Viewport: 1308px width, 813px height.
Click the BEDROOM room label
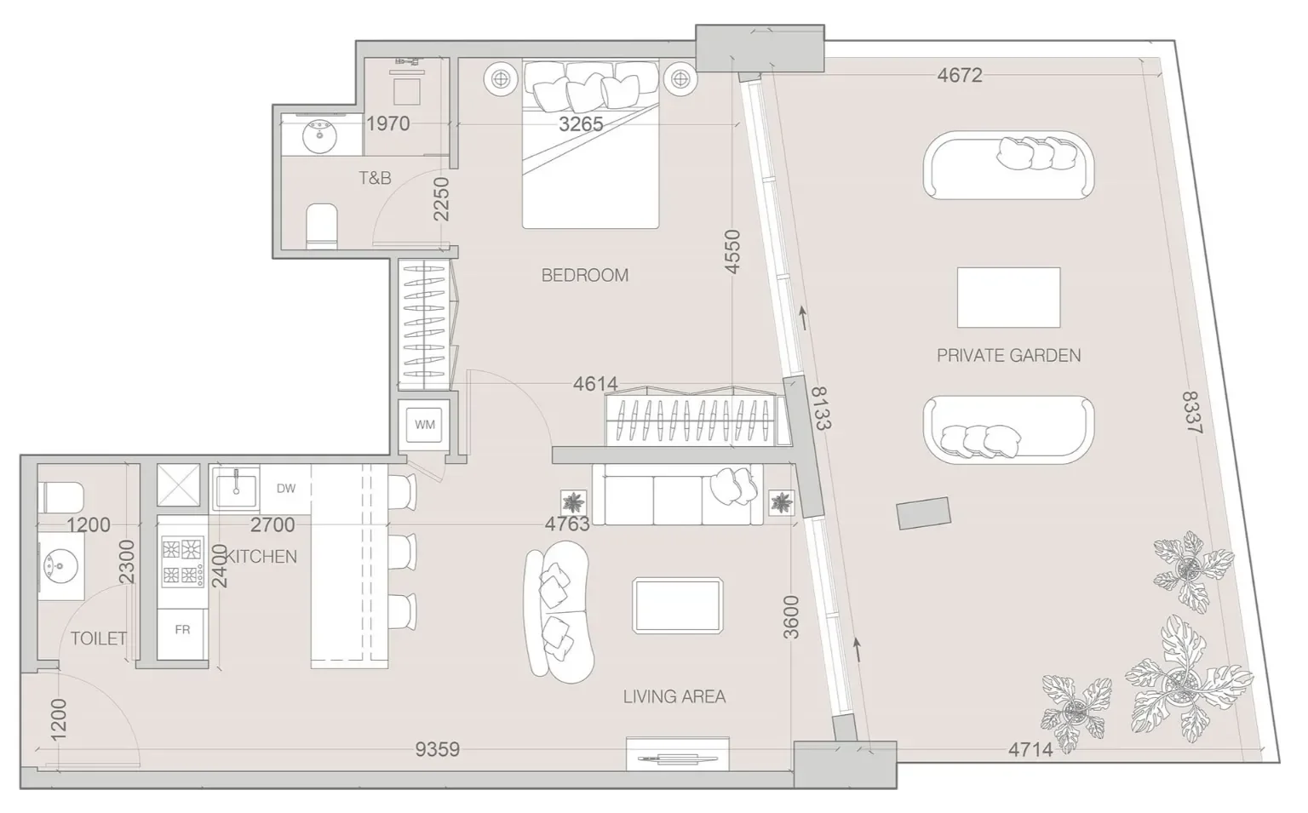pyautogui.click(x=584, y=275)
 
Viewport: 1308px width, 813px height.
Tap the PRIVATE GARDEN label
pyautogui.click(x=1008, y=356)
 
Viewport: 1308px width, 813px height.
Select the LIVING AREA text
pyautogui.click(x=674, y=696)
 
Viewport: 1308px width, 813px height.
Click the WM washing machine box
pyautogui.click(x=425, y=425)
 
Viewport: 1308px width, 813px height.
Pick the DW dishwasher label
pyautogui.click(x=285, y=489)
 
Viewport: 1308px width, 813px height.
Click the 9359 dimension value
pyautogui.click(x=438, y=749)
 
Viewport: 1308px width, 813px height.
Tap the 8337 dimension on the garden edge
pyautogui.click(x=1192, y=412)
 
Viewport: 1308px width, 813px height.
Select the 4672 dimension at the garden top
pyautogui.click(x=960, y=75)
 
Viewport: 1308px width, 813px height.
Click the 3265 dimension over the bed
pyautogui.click(x=581, y=123)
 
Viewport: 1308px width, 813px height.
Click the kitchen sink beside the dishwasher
pyautogui.click(x=236, y=490)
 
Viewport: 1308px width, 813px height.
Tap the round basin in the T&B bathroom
pyautogui.click(x=319, y=135)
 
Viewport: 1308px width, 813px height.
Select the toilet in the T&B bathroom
pyautogui.click(x=322, y=226)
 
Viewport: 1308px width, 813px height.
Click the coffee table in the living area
pyautogui.click(x=677, y=606)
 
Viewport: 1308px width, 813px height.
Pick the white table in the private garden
pyautogui.click(x=1008, y=298)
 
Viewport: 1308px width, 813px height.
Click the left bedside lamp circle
pyautogui.click(x=501, y=77)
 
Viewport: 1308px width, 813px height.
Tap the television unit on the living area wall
pyautogui.click(x=677, y=754)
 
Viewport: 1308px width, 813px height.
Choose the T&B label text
pyautogui.click(x=375, y=178)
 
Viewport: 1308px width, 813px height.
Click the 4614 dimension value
pyautogui.click(x=595, y=384)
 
